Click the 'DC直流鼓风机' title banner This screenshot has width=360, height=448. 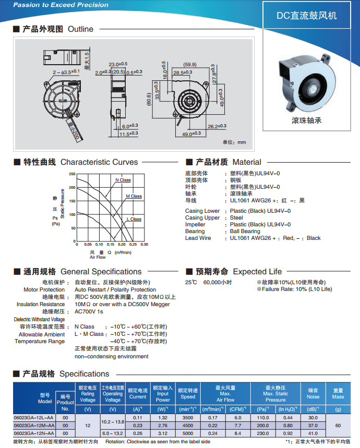click(x=306, y=16)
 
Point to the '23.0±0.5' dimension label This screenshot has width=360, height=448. click(x=118, y=64)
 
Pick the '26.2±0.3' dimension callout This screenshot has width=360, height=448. click(x=216, y=126)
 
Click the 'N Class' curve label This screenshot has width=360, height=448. click(x=123, y=180)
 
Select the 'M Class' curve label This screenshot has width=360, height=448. click(x=134, y=197)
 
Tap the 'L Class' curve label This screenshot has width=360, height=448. click(x=134, y=219)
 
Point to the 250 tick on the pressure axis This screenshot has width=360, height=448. click(x=71, y=174)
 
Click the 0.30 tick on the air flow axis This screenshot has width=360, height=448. click(x=144, y=244)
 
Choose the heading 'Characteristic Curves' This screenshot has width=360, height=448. click(x=99, y=162)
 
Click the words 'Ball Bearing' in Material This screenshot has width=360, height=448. click(x=245, y=231)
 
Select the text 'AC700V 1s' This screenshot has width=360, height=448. click(x=89, y=311)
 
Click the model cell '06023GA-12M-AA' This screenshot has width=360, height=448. click(x=33, y=426)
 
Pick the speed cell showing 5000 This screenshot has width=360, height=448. click(x=188, y=433)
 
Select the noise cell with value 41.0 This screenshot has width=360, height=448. click(x=313, y=433)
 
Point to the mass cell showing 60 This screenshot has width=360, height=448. click(x=338, y=426)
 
